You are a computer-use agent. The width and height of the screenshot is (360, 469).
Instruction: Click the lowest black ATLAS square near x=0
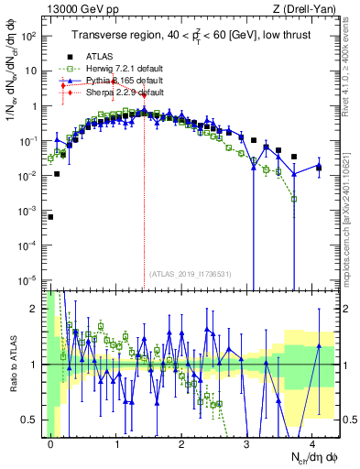51,217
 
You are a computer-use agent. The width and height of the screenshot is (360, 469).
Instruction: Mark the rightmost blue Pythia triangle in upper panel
318,167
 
